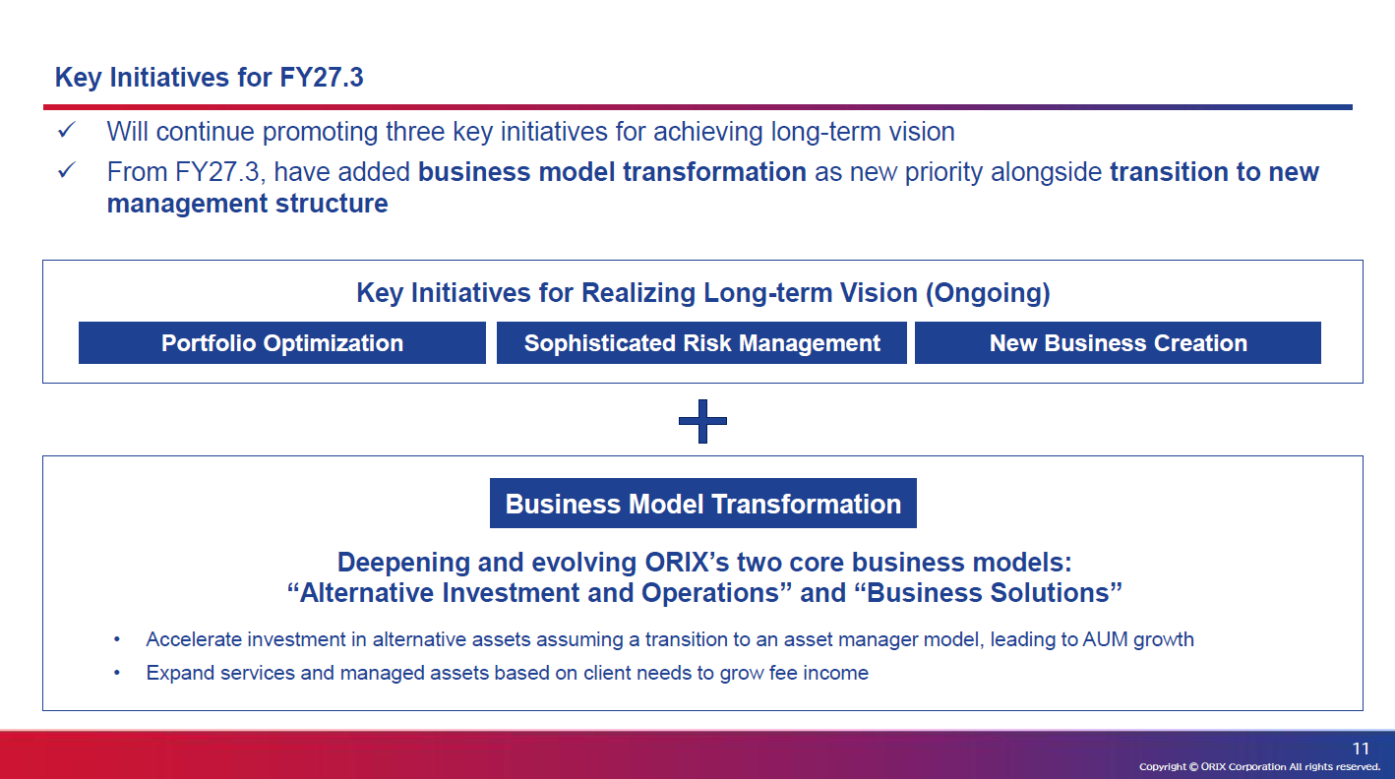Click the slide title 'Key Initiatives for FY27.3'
[x=209, y=78]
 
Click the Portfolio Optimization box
[x=282, y=342]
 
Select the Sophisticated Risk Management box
[x=701, y=342]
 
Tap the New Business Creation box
[x=1118, y=342]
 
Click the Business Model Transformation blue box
[x=703, y=504]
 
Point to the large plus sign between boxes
[x=702, y=422]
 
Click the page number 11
[x=1361, y=749]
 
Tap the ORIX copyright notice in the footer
[x=1259, y=766]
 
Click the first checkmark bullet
[x=66, y=130]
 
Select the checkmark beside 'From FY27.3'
[x=66, y=170]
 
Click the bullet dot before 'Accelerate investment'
[x=116, y=639]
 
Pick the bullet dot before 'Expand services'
[x=116, y=673]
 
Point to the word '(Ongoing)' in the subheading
[x=988, y=293]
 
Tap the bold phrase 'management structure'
[x=247, y=204]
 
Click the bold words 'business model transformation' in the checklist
[x=612, y=172]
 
